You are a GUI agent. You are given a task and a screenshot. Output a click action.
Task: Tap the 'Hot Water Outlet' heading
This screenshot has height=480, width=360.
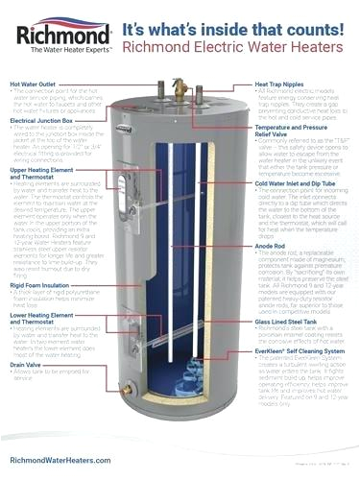(35, 84)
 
